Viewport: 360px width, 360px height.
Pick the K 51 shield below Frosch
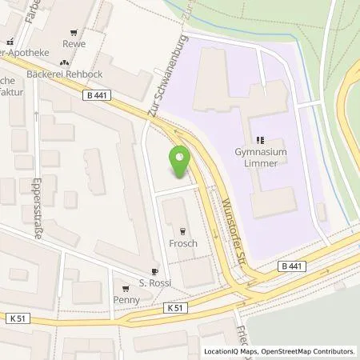coord(176,307)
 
